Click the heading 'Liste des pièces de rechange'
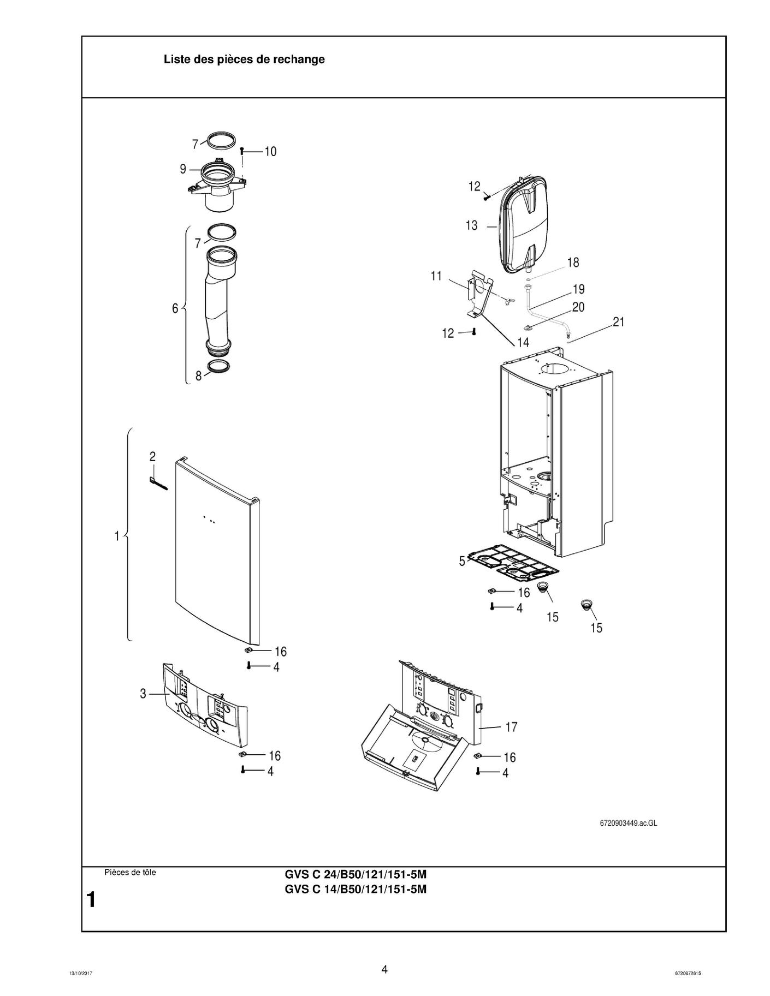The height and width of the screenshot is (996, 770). point(244,59)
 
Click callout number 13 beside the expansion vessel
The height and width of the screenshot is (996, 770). point(472,225)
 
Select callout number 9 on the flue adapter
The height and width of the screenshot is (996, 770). point(183,169)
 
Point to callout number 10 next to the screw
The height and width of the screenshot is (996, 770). point(270,152)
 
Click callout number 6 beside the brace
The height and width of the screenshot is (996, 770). point(175,308)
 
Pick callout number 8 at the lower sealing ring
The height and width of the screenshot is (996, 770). point(199,375)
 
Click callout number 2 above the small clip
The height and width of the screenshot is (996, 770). point(153,456)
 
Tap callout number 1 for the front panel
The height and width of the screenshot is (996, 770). point(117,536)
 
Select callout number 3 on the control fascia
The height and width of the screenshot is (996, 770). point(143,694)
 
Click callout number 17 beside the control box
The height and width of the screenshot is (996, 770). point(511,727)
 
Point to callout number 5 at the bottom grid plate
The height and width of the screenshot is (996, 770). point(462,561)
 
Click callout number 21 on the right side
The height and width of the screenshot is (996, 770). point(618,322)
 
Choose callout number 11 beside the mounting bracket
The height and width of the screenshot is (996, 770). point(436,276)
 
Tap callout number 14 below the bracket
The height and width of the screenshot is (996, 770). point(523,342)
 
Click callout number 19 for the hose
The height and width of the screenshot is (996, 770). point(578,289)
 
